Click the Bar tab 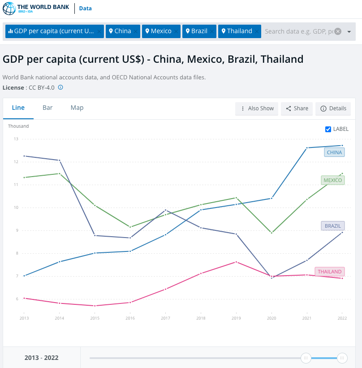[47, 108]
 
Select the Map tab [77, 108]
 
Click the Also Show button [257, 108]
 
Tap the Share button [297, 108]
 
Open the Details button [333, 108]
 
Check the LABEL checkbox [328, 129]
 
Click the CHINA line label [334, 152]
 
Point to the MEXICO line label [332, 180]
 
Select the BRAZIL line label [332, 226]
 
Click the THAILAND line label [329, 272]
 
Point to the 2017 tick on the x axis [165, 318]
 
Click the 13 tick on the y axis [16, 139]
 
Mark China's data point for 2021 [307, 148]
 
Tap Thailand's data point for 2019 [236, 262]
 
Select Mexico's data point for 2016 [130, 227]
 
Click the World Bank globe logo [9, 8]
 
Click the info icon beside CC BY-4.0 [60, 87]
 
